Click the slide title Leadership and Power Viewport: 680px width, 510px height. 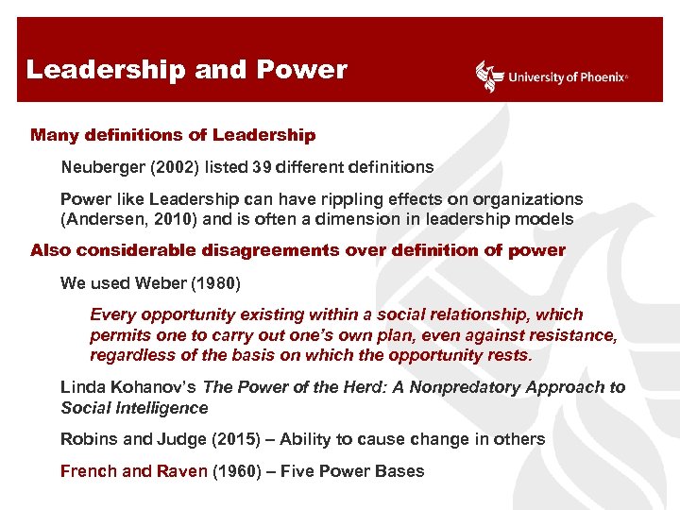tap(186, 70)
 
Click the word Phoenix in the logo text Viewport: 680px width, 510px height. tap(599, 77)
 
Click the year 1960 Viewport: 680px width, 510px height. tap(236, 470)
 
